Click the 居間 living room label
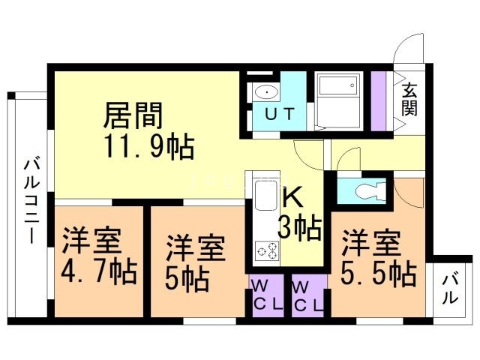point(133,116)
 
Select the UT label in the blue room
point(283,115)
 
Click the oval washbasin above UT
point(265,93)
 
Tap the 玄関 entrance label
point(409,99)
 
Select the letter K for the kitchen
point(292,198)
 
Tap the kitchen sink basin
point(266,197)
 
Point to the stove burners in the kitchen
point(265,250)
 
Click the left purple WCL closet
point(266,295)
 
